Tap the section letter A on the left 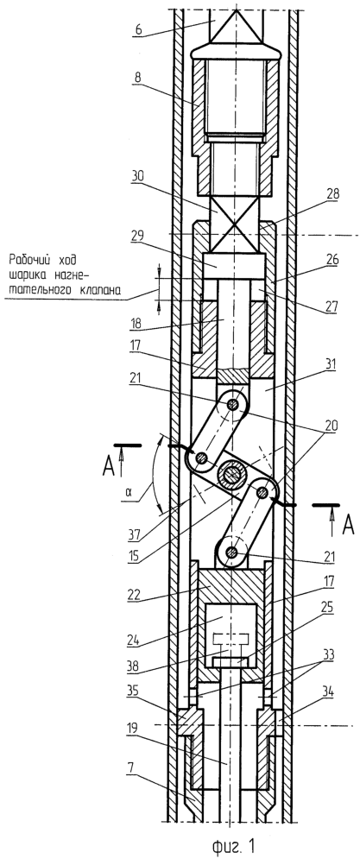click(111, 467)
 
